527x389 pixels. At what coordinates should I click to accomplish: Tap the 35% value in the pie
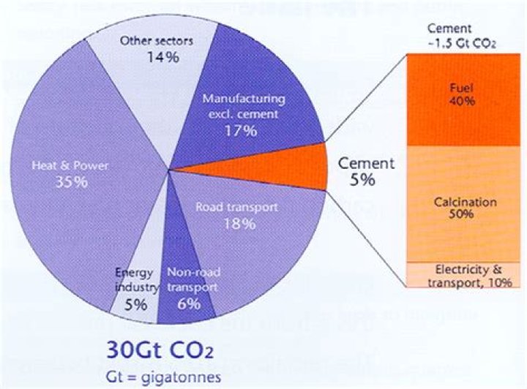click(x=72, y=181)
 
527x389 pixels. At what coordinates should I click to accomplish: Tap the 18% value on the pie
click(x=239, y=224)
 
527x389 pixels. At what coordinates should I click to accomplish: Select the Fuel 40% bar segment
click(x=462, y=94)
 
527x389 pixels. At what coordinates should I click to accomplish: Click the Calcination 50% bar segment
click(x=462, y=207)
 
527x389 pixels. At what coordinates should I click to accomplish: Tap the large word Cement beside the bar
click(x=366, y=162)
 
